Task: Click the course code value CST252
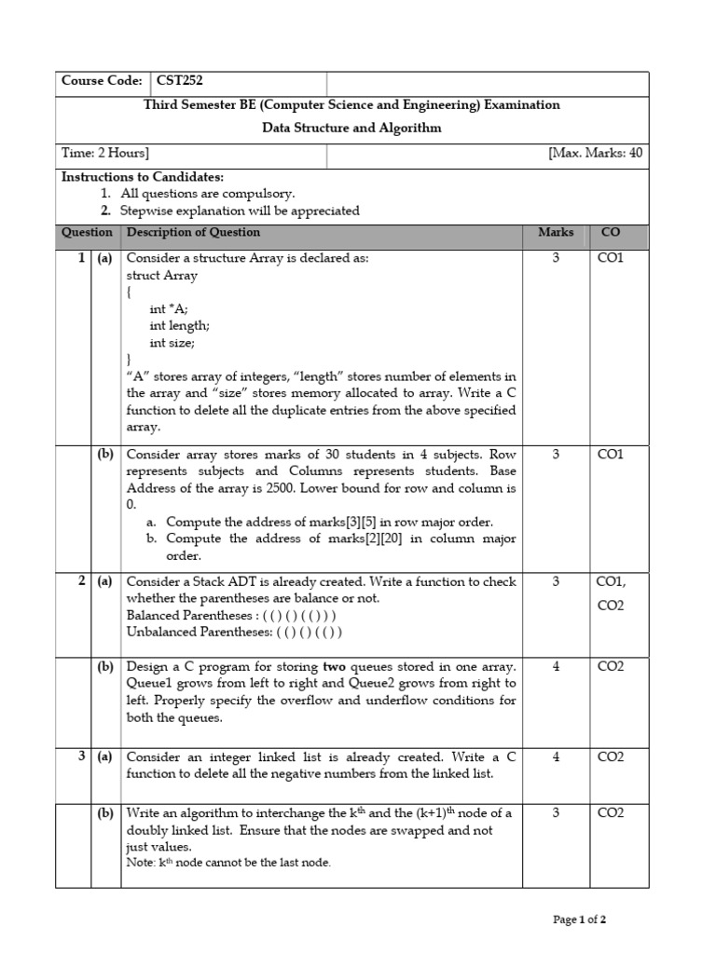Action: pos(180,81)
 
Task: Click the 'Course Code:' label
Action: pos(102,81)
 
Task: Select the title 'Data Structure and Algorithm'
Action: pos(351,128)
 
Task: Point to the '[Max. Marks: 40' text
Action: pos(595,153)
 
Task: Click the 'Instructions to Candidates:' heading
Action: pos(142,177)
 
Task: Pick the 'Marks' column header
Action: pos(556,232)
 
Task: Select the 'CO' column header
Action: pos(610,232)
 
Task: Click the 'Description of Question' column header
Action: pos(193,232)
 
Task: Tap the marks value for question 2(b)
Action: pos(556,666)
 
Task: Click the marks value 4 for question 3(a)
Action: pos(556,756)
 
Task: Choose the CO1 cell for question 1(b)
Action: pos(610,454)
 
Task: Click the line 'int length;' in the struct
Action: pos(179,325)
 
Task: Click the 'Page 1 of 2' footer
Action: pos(580,920)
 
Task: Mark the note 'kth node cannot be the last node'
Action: pos(228,863)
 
